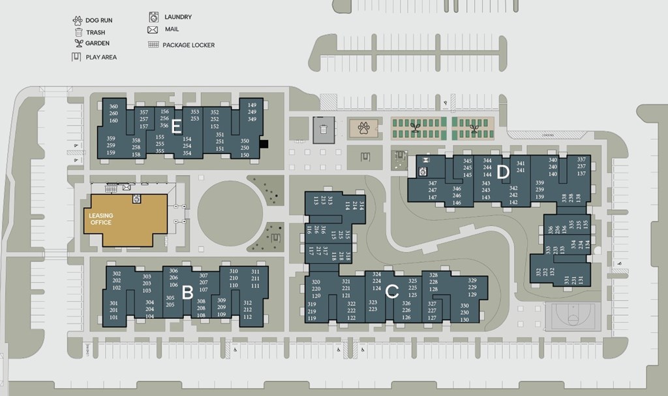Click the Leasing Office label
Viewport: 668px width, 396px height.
100,219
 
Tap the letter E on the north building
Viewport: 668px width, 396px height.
175,129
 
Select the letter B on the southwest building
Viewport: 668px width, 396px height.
187,292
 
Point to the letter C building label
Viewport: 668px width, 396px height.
392,292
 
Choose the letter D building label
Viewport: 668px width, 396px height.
502,173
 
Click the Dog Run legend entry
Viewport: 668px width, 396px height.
93,20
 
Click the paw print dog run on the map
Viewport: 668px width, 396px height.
363,127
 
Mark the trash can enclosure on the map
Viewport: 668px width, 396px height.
324,129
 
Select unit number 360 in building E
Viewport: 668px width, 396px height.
114,107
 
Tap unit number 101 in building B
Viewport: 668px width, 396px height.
114,317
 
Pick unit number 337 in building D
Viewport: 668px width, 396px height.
581,159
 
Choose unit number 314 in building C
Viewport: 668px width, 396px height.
361,205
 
